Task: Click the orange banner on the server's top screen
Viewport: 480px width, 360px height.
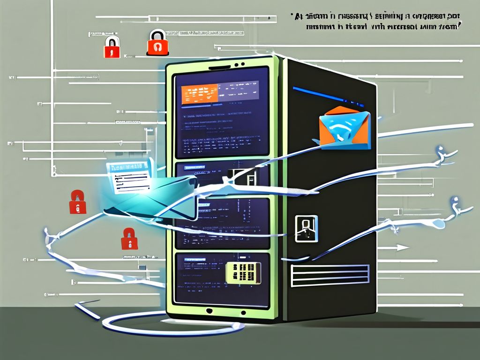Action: pos(199,93)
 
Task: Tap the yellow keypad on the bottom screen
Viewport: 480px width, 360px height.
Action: pos(243,272)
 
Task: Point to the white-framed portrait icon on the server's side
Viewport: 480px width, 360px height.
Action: pos(306,228)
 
